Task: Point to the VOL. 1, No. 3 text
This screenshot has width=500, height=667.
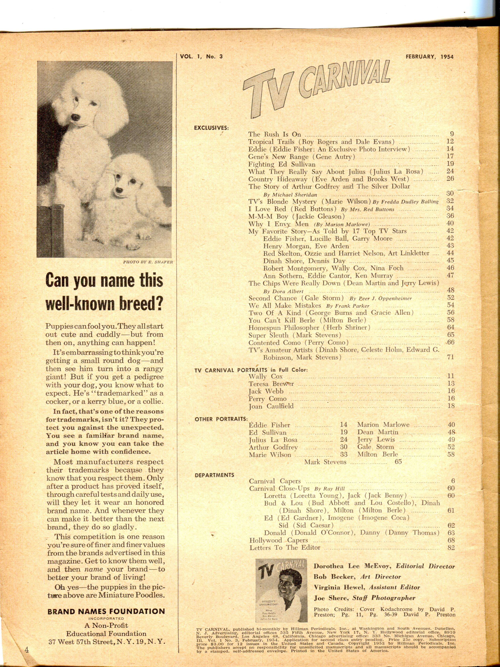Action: (201, 56)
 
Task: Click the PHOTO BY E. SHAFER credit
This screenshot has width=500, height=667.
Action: (148, 262)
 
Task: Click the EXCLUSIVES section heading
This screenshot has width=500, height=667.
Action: (211, 128)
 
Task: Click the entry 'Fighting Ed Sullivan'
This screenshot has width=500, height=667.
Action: (282, 164)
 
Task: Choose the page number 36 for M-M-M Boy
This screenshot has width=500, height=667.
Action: (450, 216)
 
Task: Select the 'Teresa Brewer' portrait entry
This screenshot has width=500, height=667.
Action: (271, 384)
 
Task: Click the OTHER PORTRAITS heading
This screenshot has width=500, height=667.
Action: (221, 419)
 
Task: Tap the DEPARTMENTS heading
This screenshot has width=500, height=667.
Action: (214, 475)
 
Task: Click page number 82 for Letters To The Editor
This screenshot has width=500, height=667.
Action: (451, 548)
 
